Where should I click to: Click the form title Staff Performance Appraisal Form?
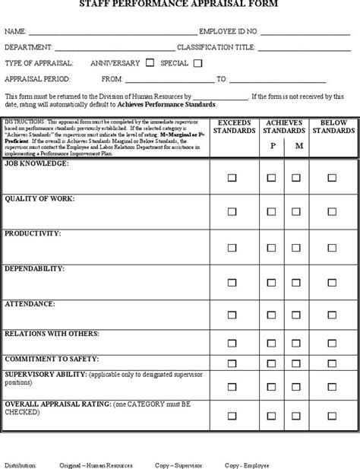179,5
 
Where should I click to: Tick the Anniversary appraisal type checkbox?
150,63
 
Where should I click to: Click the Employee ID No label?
229,33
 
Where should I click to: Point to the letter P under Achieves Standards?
272,146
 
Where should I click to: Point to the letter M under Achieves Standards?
298,146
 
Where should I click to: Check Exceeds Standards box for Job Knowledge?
233,178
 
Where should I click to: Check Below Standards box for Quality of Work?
331,213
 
